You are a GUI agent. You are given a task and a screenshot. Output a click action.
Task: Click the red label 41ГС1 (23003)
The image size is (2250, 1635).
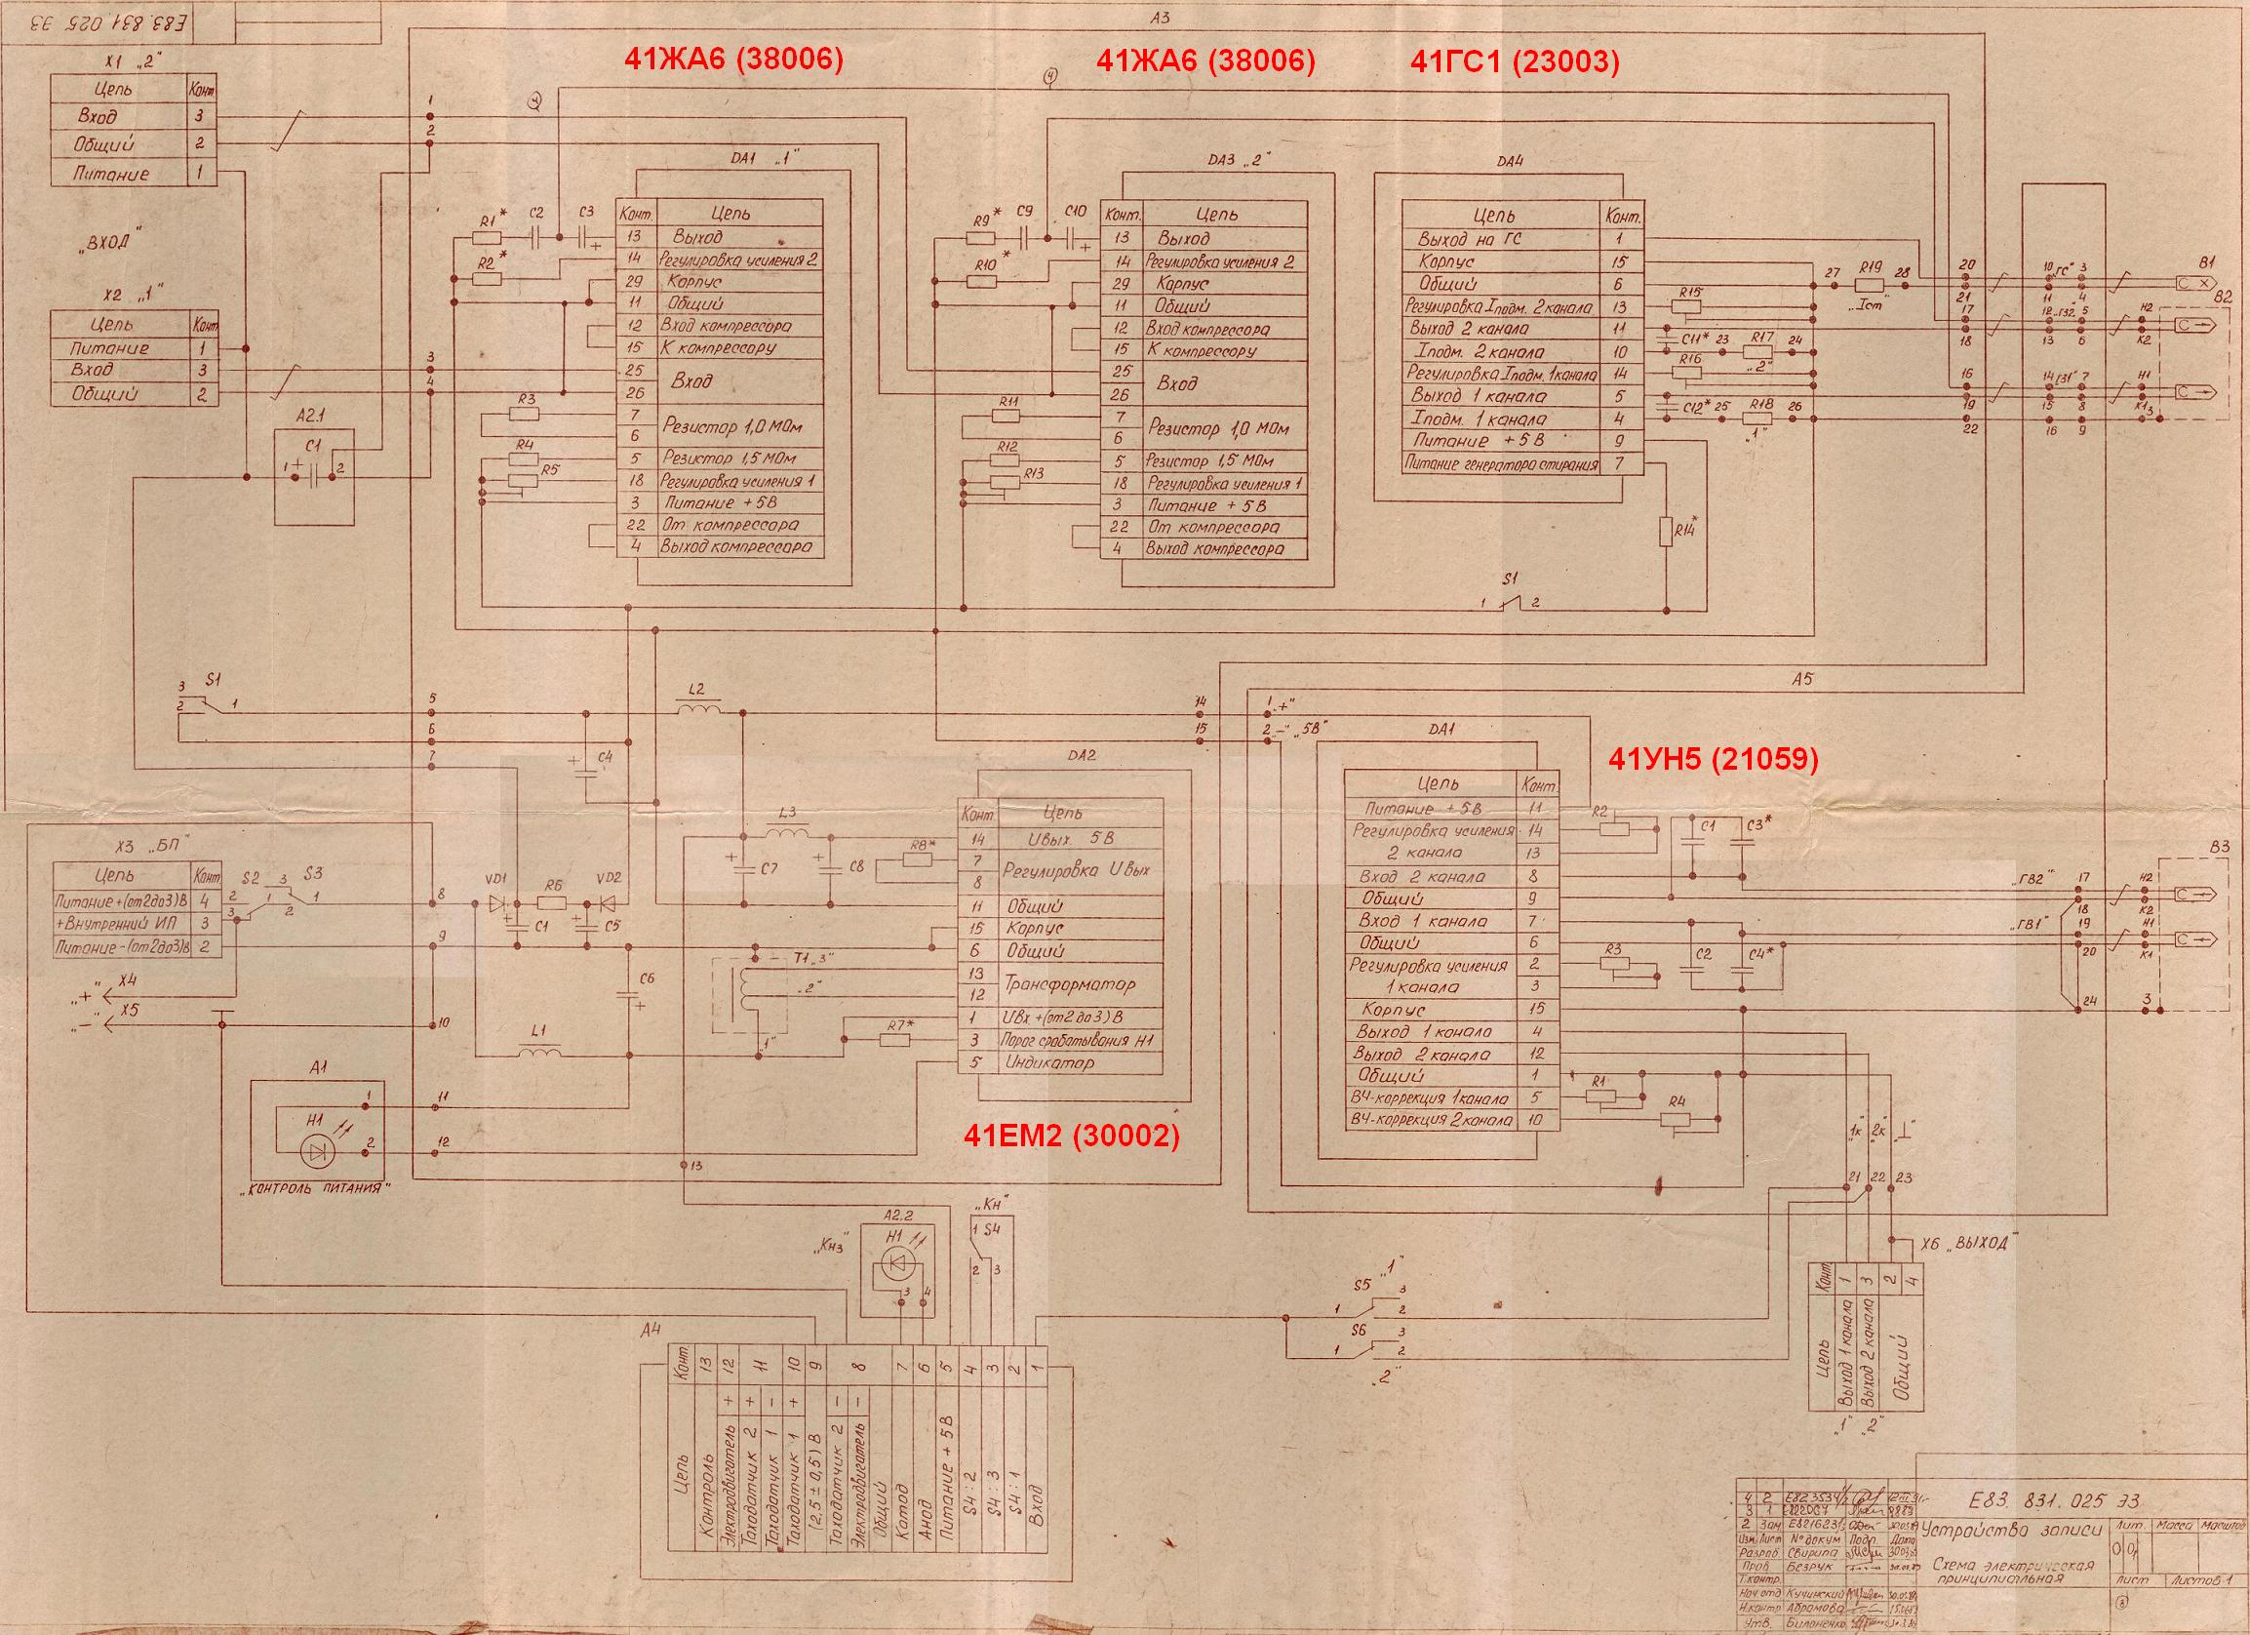click(1514, 62)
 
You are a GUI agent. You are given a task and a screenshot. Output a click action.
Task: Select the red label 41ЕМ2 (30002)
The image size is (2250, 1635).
click(1072, 1137)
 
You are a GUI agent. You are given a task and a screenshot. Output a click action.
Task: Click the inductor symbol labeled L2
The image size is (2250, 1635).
click(697, 708)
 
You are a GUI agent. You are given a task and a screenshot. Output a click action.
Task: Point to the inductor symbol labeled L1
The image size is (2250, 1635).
click(539, 1052)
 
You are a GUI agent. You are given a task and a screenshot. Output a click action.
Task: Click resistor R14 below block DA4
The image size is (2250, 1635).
click(1668, 533)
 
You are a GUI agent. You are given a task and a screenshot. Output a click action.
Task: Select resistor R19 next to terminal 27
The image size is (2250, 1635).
click(1869, 286)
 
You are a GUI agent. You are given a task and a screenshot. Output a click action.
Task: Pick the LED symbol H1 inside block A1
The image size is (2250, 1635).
click(316, 1151)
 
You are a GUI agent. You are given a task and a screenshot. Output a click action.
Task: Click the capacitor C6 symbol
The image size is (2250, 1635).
click(629, 992)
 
